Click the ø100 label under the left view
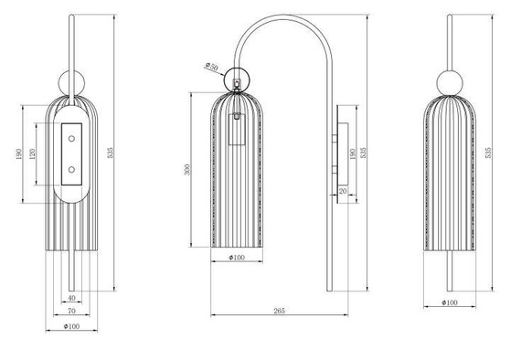[70, 327]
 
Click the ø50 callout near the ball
[212, 67]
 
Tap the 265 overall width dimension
[278, 312]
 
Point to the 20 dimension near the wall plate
[342, 191]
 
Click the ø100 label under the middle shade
[237, 259]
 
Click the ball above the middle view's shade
[237, 80]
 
